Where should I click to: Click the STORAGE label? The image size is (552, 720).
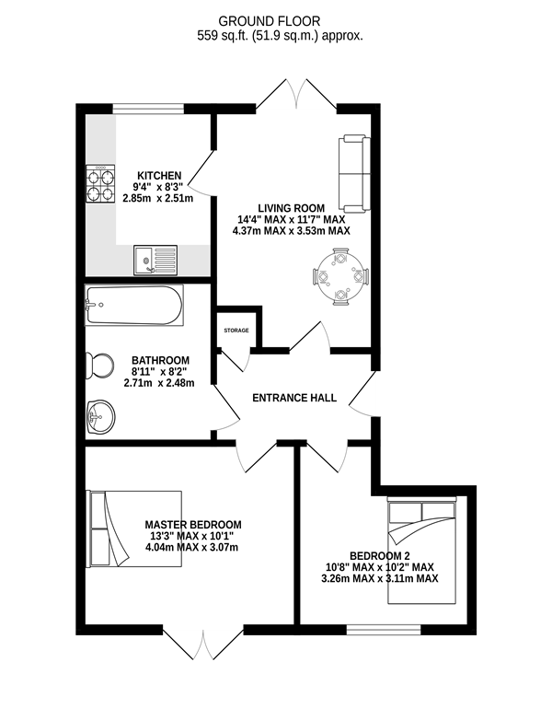pyautogui.click(x=236, y=331)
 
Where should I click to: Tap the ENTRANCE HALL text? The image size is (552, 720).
pyautogui.click(x=294, y=398)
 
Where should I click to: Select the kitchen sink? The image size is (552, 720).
pyautogui.click(x=155, y=260)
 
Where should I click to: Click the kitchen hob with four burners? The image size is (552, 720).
pyautogui.click(x=100, y=184)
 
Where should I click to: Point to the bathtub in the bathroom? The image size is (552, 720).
pyautogui.click(x=134, y=306)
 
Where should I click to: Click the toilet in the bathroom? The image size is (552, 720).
pyautogui.click(x=100, y=366)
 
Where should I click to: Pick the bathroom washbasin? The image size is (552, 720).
pyautogui.click(x=100, y=416)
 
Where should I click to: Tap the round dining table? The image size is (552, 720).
pyautogui.click(x=340, y=277)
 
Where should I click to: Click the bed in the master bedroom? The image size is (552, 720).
pyautogui.click(x=134, y=528)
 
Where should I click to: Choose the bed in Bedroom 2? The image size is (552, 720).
pyautogui.click(x=421, y=550)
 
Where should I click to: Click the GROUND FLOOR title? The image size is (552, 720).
pyautogui.click(x=270, y=21)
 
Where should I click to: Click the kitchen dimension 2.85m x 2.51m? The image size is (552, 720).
pyautogui.click(x=158, y=199)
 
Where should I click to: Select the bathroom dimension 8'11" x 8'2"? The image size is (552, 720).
pyautogui.click(x=160, y=371)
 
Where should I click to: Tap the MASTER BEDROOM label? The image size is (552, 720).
pyautogui.click(x=193, y=525)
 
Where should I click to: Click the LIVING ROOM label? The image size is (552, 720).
pyautogui.click(x=291, y=208)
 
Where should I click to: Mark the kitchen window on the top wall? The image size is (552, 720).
pyautogui.click(x=148, y=109)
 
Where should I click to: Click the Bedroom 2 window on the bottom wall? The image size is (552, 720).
pyautogui.click(x=384, y=630)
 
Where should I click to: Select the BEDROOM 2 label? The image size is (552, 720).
pyautogui.click(x=379, y=556)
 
